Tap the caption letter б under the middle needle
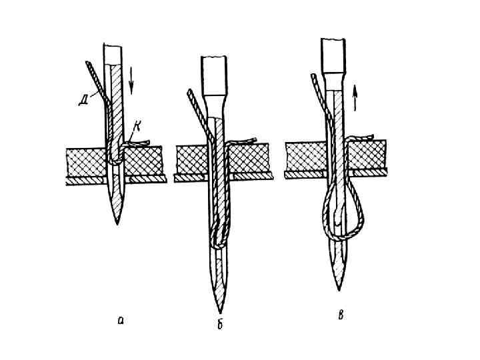point(219,323)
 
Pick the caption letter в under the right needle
point(341,314)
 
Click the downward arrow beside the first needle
point(131,79)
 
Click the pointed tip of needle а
point(118,222)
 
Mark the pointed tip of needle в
point(339,288)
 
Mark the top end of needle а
point(113,47)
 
